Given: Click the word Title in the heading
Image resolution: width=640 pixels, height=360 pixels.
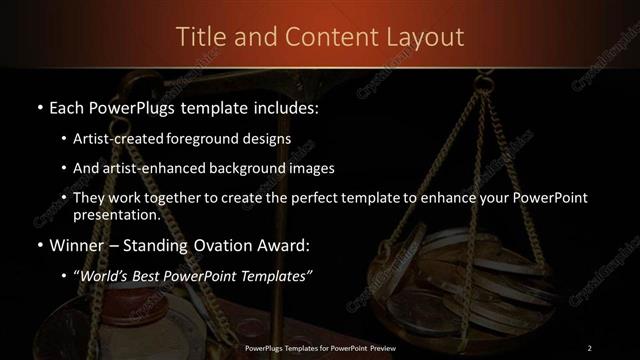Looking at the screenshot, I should click(x=201, y=37).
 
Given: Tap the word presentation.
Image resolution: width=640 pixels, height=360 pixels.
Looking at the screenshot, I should click(x=116, y=215).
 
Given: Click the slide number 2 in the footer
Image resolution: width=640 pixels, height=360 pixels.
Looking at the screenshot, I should click(x=590, y=347).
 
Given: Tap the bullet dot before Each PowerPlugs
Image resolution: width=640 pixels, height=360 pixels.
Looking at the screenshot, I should click(x=38, y=107).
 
